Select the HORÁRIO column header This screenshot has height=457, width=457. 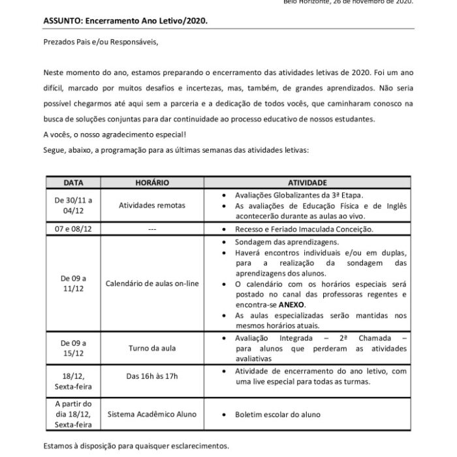click(151, 183)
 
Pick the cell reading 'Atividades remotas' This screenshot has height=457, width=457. click(151, 205)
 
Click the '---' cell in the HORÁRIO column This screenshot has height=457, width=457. click(151, 229)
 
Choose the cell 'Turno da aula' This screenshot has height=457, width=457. click(151, 348)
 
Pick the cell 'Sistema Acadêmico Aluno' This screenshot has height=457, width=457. click(151, 414)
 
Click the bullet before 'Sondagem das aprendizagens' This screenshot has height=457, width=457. click(225, 241)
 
